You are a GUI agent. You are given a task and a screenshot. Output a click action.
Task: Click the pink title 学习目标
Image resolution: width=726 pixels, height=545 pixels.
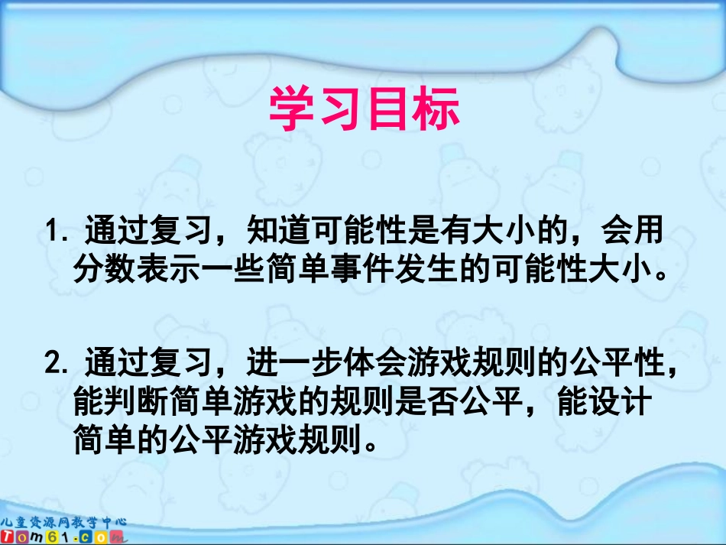pos(364,109)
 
